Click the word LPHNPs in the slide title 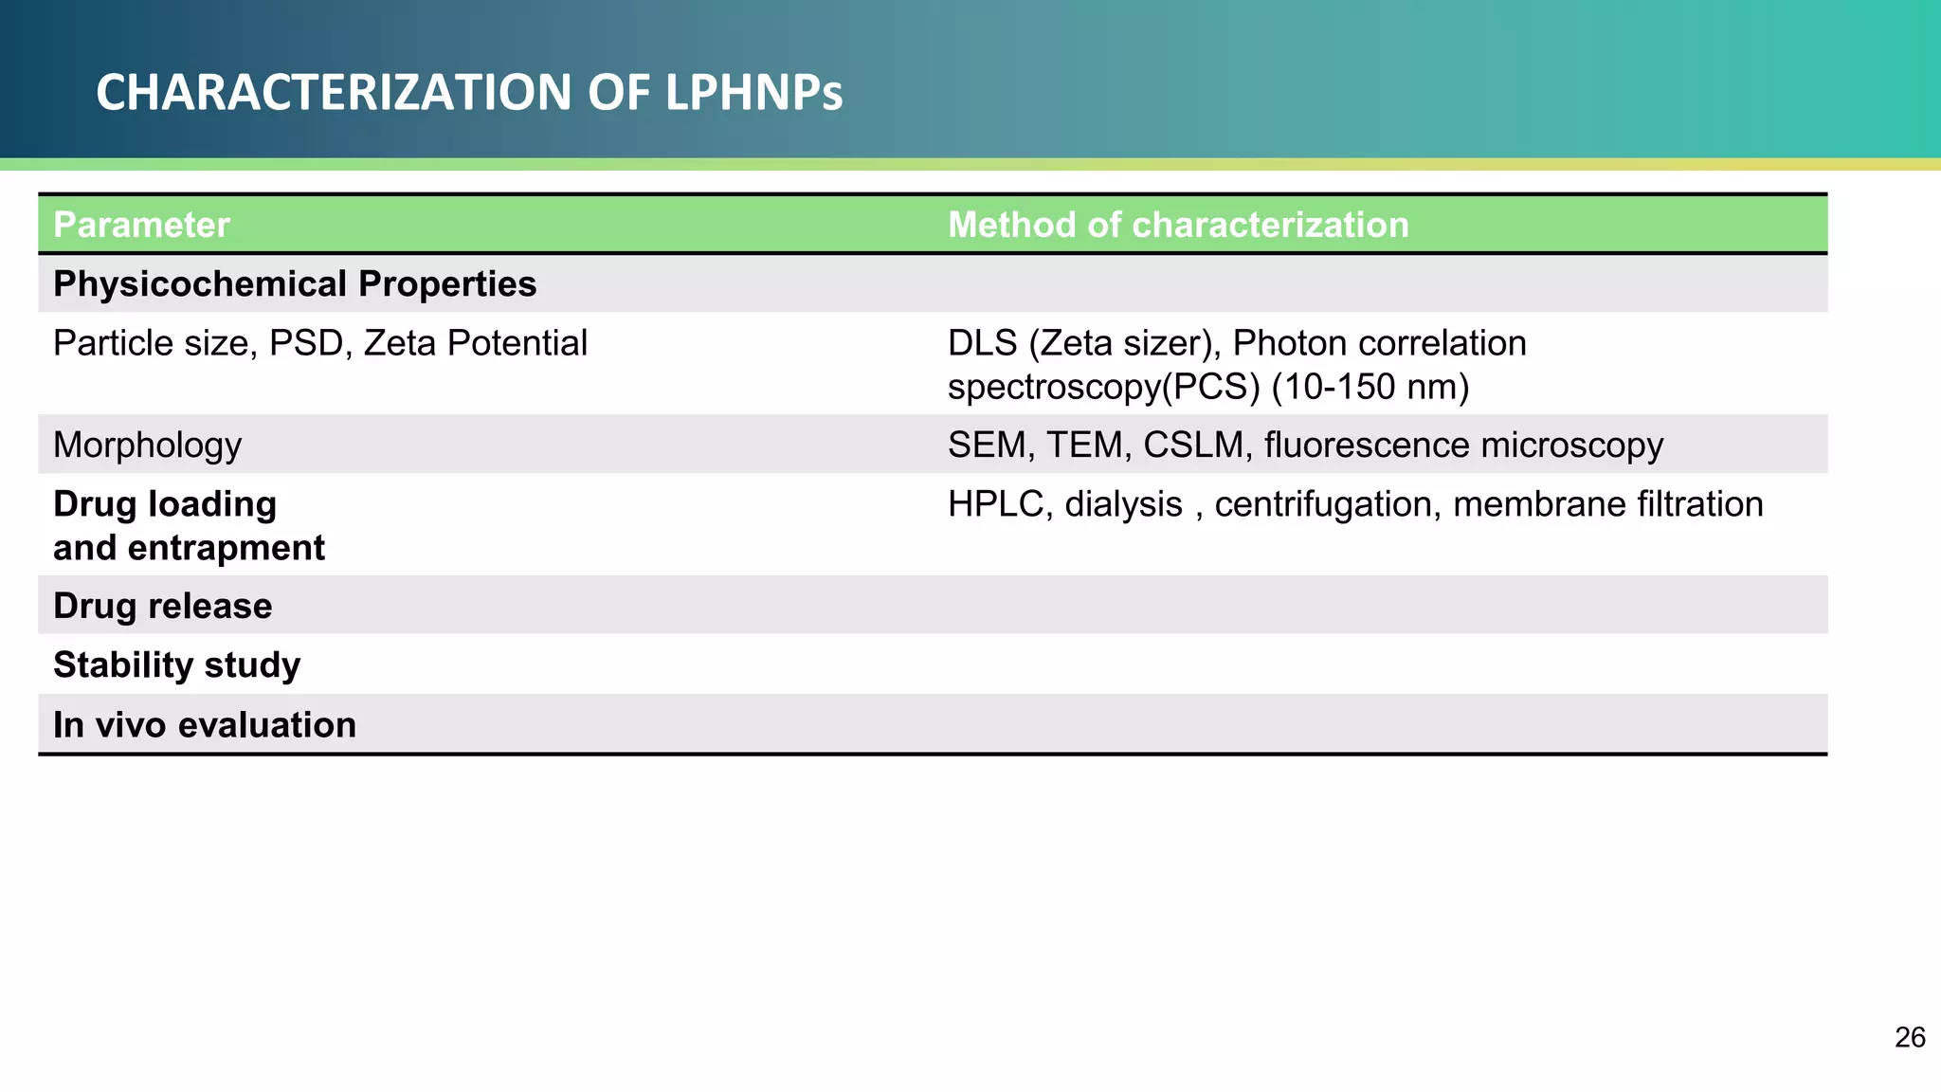tap(753, 93)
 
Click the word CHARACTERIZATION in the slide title tap(334, 93)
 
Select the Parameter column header tap(141, 226)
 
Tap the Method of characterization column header tap(1178, 226)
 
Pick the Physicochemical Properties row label tap(295, 284)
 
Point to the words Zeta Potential tap(475, 343)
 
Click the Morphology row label tap(147, 446)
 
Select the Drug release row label tap(162, 607)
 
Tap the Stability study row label tap(176, 665)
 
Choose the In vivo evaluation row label tap(205, 725)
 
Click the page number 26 tap(1910, 1038)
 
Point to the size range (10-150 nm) tap(1370, 387)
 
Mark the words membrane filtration tap(1607, 504)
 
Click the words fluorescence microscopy tap(1463, 446)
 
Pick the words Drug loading tap(165, 504)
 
